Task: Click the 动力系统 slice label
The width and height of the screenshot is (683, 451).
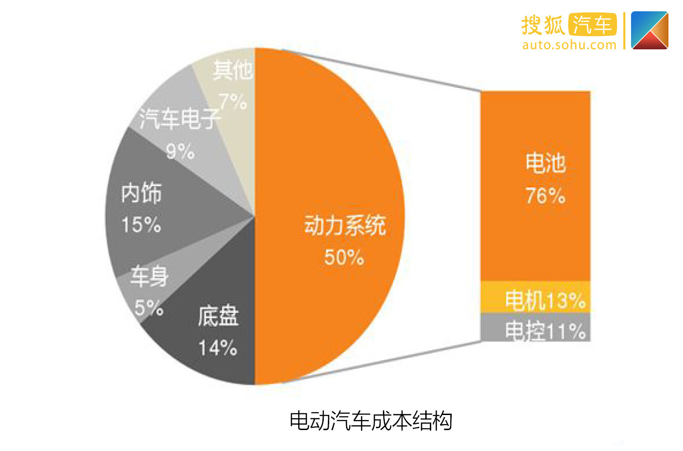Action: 345,225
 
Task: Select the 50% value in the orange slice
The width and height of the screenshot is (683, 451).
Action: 344,257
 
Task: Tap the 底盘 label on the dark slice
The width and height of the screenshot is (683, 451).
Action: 218,316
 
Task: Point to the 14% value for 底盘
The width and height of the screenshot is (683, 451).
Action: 218,348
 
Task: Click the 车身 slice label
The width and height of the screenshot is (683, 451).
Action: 149,276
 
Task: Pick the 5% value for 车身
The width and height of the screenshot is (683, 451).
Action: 149,307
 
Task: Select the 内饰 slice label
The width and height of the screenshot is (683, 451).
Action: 141,193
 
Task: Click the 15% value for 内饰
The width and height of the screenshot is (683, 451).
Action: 141,225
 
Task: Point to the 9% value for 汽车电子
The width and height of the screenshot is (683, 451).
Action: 180,151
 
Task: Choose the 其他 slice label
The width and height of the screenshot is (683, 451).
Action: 233,70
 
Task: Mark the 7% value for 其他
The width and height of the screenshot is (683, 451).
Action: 233,101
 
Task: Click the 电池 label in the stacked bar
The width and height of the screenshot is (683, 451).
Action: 545,163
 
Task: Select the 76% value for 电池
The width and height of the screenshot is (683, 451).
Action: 545,195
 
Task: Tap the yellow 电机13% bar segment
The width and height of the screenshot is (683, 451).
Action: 535,297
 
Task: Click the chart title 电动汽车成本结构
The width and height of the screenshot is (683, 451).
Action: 371,420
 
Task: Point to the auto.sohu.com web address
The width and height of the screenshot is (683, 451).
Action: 569,45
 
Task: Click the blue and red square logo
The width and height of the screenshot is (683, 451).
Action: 650,31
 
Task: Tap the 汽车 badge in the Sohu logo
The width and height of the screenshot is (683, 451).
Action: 592,25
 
